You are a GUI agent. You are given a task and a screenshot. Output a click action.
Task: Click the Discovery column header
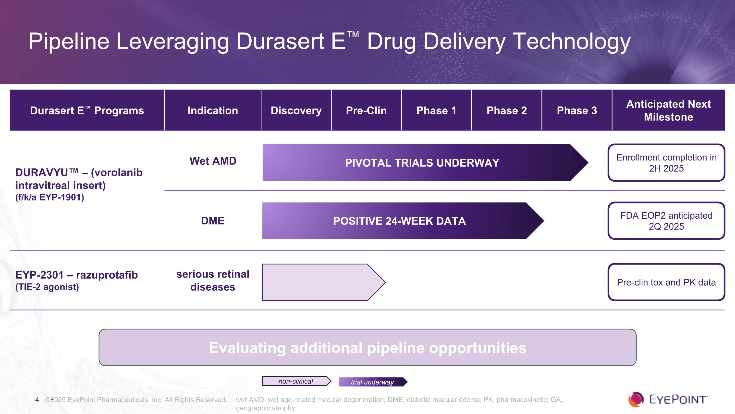tap(296, 111)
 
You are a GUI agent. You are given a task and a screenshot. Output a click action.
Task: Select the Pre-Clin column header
tap(366, 111)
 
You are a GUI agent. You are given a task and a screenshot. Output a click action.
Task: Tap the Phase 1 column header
tap(436, 111)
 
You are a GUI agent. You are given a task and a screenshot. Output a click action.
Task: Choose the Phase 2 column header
tap(506, 111)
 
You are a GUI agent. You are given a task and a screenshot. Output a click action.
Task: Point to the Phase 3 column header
tap(577, 111)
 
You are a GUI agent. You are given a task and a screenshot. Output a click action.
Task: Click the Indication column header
tap(213, 111)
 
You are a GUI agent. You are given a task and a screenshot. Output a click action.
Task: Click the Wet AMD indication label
tap(213, 161)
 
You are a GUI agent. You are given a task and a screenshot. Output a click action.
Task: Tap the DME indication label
tap(213, 221)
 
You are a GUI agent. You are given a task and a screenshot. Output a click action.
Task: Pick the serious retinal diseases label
tap(213, 280)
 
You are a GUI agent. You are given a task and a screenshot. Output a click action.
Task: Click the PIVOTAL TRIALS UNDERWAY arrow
tap(425, 162)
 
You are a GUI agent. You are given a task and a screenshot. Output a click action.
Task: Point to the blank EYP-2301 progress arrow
tap(324, 282)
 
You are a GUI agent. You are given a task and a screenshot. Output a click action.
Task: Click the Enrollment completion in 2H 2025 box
tap(666, 162)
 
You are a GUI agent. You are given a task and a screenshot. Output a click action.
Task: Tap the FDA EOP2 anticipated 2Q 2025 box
tap(666, 221)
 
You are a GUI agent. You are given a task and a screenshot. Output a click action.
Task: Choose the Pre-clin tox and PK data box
tap(666, 282)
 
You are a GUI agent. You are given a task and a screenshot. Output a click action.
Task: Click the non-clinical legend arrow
tap(297, 381)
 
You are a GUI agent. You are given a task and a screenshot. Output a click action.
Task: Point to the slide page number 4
tap(37, 400)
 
